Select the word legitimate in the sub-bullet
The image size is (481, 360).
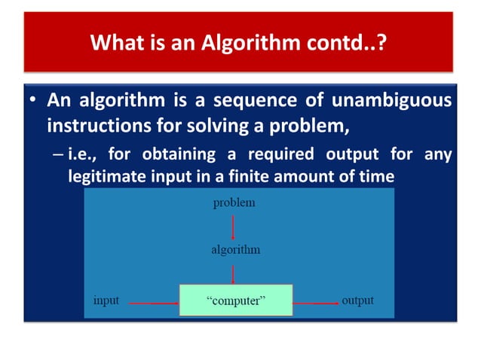(x=107, y=176)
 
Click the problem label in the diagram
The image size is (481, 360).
(x=234, y=203)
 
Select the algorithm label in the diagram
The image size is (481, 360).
(x=234, y=250)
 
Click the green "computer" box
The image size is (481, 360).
(x=234, y=301)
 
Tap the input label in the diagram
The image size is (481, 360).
(x=106, y=301)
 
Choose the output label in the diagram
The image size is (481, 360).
(x=357, y=301)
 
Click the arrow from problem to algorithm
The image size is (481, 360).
(x=234, y=226)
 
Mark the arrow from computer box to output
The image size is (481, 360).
(x=315, y=303)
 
